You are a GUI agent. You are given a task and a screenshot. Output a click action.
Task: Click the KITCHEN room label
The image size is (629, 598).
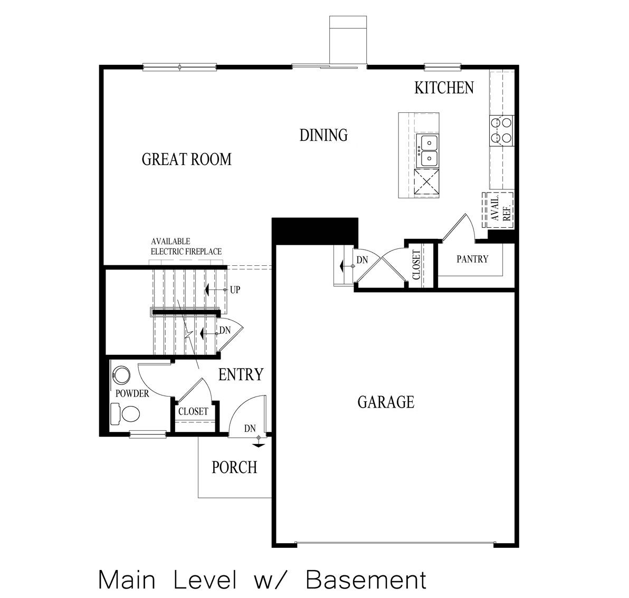tap(444, 88)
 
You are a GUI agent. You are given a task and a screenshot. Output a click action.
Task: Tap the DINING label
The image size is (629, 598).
tap(323, 135)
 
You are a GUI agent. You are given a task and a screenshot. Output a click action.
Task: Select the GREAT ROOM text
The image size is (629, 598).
tap(186, 159)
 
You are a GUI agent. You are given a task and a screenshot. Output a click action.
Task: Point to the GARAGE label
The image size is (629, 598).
tap(386, 402)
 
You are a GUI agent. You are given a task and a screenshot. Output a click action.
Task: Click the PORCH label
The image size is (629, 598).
tap(234, 467)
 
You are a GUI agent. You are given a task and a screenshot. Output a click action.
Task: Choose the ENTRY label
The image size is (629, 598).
tap(241, 374)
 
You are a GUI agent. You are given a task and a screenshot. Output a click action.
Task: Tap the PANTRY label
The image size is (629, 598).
tap(472, 259)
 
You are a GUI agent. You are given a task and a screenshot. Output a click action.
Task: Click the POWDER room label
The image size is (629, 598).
tap(131, 394)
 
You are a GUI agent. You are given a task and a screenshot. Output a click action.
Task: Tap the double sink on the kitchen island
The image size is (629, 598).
tap(427, 150)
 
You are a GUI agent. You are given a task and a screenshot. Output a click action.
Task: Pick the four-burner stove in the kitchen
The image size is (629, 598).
tap(501, 130)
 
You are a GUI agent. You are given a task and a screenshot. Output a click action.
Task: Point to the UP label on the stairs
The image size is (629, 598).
tap(235, 290)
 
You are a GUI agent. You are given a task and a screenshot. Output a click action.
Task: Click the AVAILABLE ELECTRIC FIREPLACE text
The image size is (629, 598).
tap(186, 246)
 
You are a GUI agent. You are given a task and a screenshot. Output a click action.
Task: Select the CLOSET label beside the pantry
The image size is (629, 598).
tap(416, 265)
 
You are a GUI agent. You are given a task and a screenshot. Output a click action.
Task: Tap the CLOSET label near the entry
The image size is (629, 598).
tap(193, 411)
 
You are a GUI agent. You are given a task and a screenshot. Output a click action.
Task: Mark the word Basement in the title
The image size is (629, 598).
tap(366, 580)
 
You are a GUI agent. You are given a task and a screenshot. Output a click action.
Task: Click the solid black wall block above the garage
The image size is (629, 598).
tap(315, 231)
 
